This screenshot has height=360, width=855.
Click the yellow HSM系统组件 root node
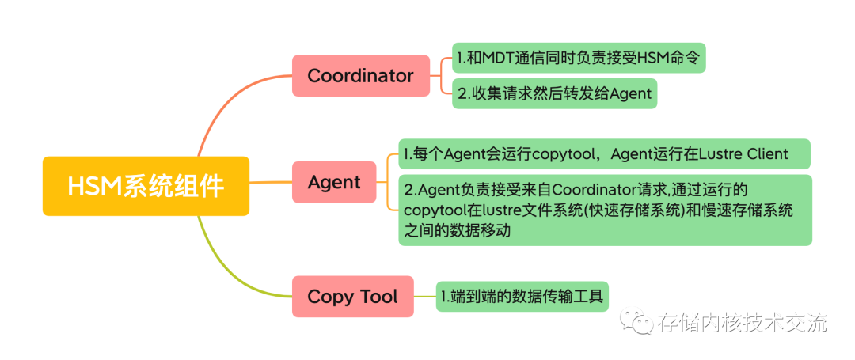[146, 186]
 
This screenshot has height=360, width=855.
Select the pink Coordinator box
[360, 76]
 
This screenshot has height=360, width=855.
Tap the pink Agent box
[334, 182]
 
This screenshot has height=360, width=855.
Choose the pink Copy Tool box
[352, 297]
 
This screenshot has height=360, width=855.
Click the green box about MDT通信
[579, 58]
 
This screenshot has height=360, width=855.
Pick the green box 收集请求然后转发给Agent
[555, 93]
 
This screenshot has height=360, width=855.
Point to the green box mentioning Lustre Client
[605, 154]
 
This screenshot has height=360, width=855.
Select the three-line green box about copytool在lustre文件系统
[605, 210]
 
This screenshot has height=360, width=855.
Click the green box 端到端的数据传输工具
[523, 297]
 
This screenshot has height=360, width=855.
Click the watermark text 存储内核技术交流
[742, 323]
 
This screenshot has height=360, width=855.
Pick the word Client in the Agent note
[765, 154]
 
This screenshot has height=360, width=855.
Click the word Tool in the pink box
[378, 297]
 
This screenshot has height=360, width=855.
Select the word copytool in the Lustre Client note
[561, 154]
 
